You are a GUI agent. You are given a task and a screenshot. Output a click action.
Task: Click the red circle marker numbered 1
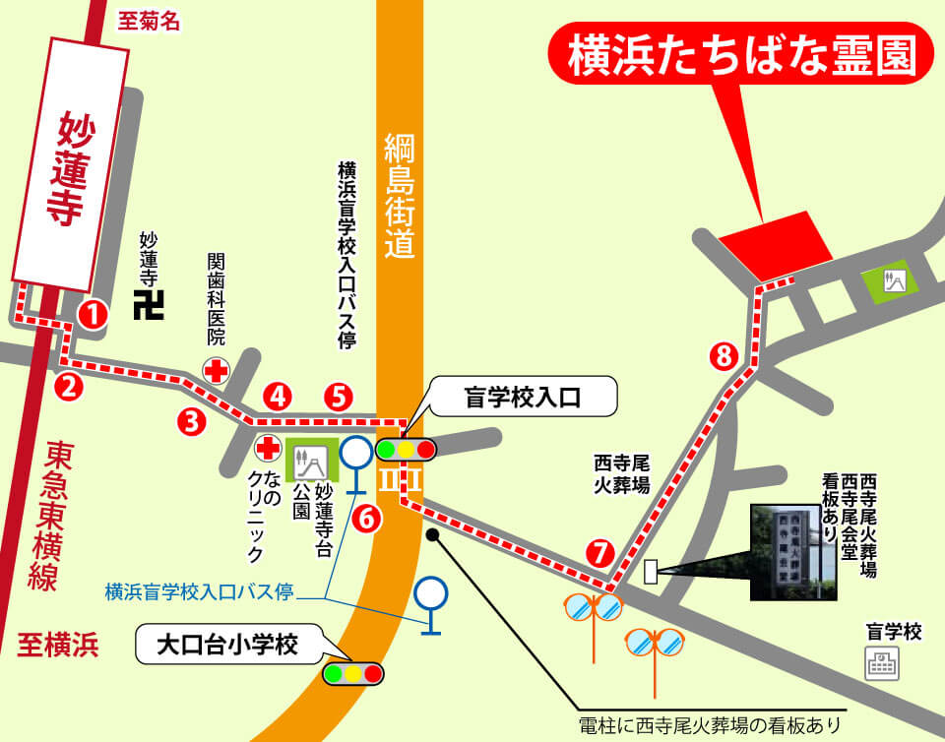[93, 315]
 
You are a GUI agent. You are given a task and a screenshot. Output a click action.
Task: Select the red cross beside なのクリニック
[267, 449]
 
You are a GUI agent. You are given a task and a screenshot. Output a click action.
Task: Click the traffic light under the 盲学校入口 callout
[405, 450]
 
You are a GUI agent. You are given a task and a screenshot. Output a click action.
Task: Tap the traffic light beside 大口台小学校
[352, 674]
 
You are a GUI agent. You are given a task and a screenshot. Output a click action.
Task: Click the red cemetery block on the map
[777, 242]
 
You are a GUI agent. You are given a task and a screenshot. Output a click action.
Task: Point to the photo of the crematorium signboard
[794, 552]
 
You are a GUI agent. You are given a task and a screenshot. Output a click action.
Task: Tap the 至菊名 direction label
[148, 21]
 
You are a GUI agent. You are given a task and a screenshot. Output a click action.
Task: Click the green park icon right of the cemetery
[893, 280]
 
